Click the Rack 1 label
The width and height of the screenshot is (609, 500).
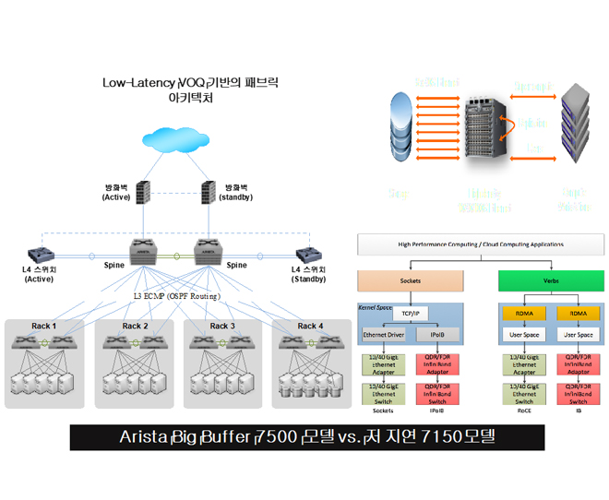pyautogui.click(x=42, y=326)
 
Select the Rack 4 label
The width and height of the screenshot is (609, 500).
pyautogui.click(x=311, y=326)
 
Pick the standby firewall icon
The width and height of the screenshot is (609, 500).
pyautogui.click(x=209, y=192)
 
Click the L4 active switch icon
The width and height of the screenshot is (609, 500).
pyautogui.click(x=40, y=255)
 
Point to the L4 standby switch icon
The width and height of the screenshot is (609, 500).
pyautogui.click(x=307, y=255)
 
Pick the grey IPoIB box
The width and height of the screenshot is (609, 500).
pyautogui.click(x=437, y=334)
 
